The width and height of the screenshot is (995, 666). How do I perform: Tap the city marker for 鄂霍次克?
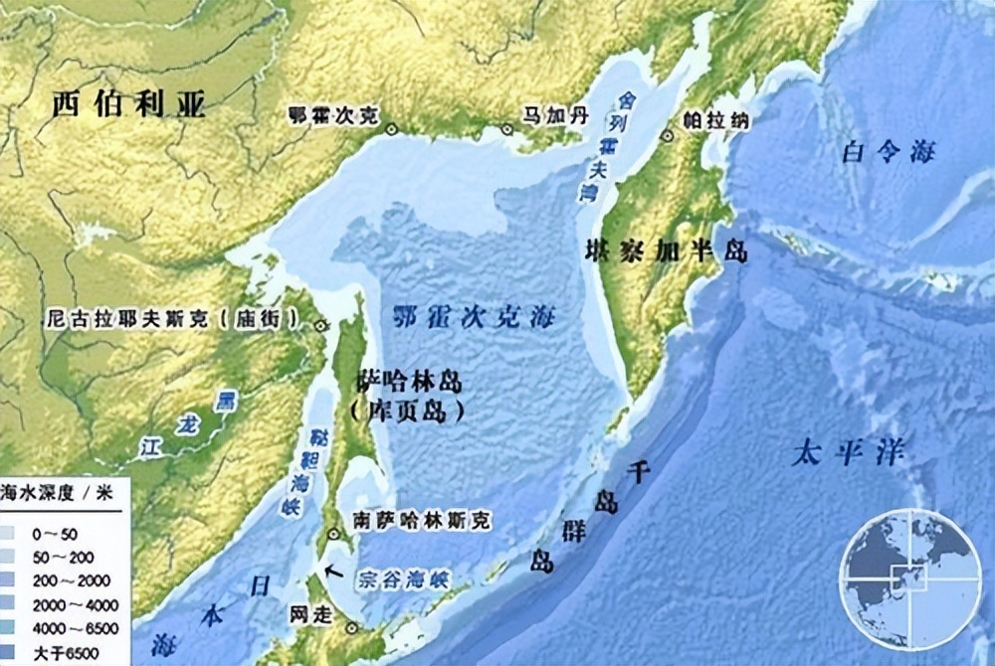pos(392,128)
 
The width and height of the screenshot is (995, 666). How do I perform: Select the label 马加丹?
pos(556,116)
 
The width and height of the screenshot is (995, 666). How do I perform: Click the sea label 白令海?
pos(889,152)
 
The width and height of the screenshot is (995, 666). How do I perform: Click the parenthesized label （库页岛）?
pos(407,412)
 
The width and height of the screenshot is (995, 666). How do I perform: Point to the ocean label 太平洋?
pos(847,455)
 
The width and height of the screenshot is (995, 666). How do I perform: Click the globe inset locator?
pos(909,578)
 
